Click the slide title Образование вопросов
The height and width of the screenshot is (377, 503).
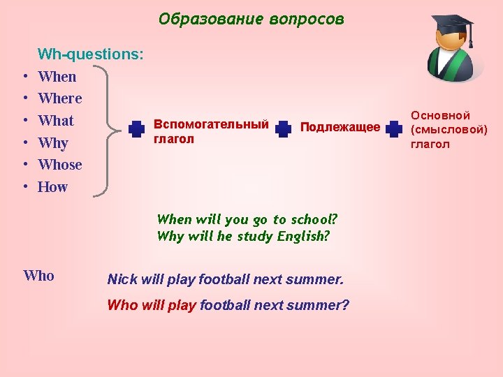pos(251,19)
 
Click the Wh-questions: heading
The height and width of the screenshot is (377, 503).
pos(91,54)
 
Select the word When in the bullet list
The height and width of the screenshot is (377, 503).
pos(57,77)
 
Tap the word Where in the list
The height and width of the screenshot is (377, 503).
pos(60,98)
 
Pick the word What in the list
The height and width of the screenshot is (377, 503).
pos(56,121)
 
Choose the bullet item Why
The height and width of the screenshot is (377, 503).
pos(53,143)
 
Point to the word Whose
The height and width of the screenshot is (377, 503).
pos(60,165)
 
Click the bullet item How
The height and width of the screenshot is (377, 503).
pos(53,187)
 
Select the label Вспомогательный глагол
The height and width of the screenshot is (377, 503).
pos(211,131)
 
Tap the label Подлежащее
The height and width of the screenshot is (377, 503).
pos(340,127)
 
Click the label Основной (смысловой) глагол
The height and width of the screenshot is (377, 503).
pos(449,130)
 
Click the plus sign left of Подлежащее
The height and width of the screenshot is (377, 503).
pos(283,129)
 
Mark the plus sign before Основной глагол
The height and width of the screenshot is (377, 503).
pos(394,129)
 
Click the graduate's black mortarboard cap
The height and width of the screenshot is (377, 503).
pos(452,27)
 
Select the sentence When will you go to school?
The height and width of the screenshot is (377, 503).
pos(247,219)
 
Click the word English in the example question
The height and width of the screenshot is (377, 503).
pos(302,236)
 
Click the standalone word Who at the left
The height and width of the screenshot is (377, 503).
pos(38,276)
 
